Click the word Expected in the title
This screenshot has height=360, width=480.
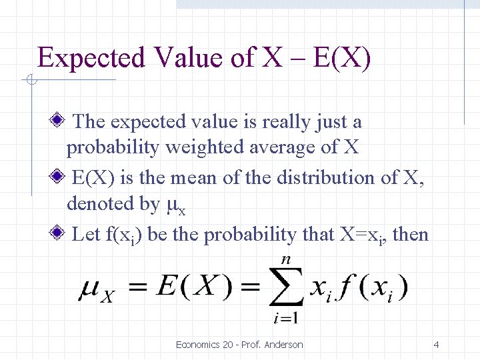(91, 59)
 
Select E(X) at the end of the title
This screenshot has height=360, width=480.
(341, 58)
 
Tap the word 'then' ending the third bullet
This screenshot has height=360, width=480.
(411, 235)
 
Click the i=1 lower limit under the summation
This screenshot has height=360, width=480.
(286, 319)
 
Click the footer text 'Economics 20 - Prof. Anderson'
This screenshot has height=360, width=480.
(239, 345)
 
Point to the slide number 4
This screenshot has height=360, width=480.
(436, 345)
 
